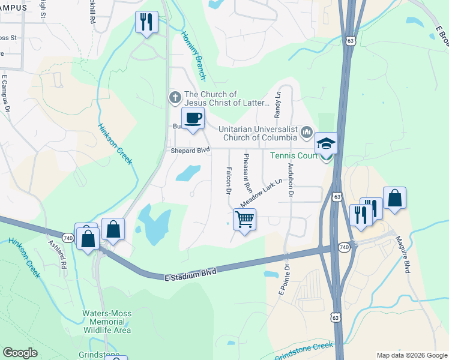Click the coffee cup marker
[x=193, y=119]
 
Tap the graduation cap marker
[x=327, y=144]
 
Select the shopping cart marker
[x=244, y=220]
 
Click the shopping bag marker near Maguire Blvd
[x=394, y=199]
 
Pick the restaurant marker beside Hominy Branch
[x=146, y=23]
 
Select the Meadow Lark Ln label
[x=262, y=192]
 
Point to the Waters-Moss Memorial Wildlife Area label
[x=106, y=321]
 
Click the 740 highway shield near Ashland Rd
[x=68, y=238]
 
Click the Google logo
[x=20, y=353]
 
